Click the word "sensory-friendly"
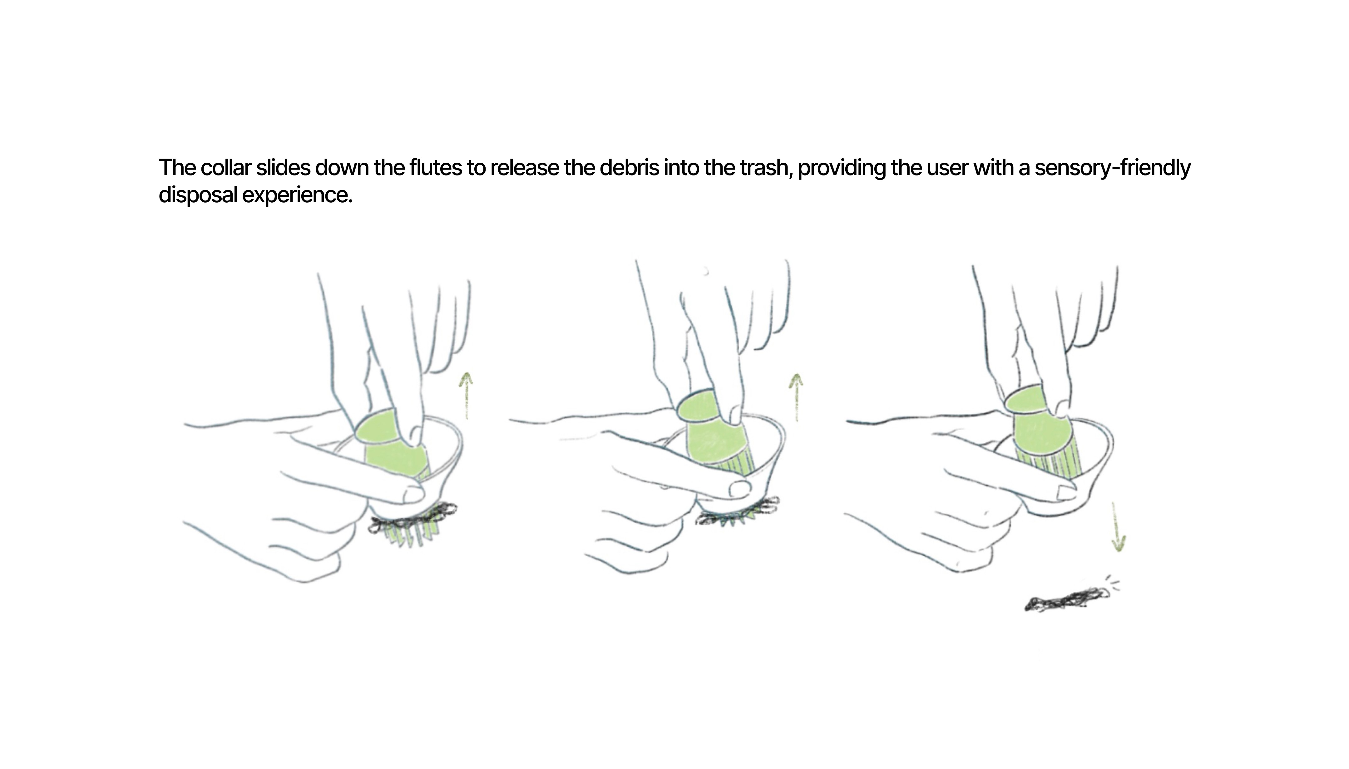pyautogui.click(x=1112, y=169)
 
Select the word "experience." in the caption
pyautogui.click(x=297, y=195)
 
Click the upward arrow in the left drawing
pyautogui.click(x=465, y=395)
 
